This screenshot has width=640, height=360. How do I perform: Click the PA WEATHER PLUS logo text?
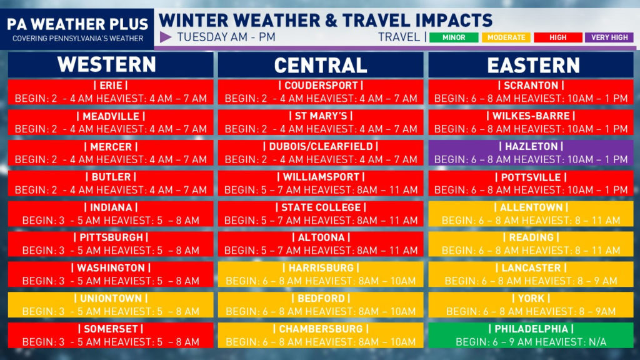click(x=77, y=24)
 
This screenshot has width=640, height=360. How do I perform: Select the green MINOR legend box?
click(x=454, y=37)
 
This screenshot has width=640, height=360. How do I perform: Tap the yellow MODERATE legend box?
click(x=506, y=37)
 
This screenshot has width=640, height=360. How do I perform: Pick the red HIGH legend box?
click(x=558, y=37)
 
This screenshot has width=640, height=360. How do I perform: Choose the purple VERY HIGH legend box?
click(x=609, y=37)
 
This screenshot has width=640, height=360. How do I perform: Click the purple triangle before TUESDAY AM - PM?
click(x=165, y=37)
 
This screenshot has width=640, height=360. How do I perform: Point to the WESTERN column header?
click(x=107, y=64)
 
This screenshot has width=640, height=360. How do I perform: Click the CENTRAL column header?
click(x=321, y=65)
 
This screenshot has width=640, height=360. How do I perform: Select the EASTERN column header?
click(x=534, y=65)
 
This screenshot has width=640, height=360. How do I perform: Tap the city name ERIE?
click(x=111, y=85)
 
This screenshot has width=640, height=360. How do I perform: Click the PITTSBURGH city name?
click(x=111, y=237)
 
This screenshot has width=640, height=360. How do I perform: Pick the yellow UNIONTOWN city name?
click(x=111, y=298)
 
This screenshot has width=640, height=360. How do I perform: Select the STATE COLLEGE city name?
click(x=321, y=207)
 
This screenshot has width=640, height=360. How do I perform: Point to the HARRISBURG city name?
click(x=321, y=268)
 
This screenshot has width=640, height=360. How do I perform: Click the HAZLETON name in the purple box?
click(x=531, y=146)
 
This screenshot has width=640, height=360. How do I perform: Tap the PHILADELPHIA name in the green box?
click(x=531, y=329)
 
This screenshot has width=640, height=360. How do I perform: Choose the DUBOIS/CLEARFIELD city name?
click(x=321, y=146)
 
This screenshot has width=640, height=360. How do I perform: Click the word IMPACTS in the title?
click(x=454, y=21)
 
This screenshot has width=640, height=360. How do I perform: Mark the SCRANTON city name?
click(x=531, y=85)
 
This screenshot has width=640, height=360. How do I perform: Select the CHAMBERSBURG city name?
click(x=321, y=329)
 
